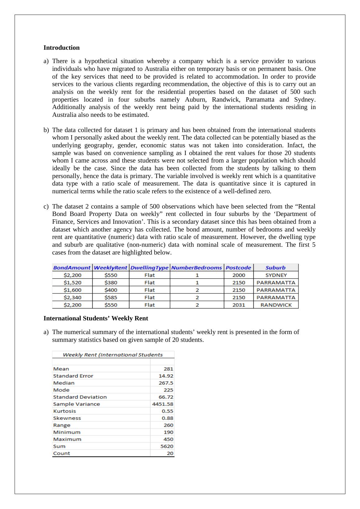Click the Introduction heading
[x=61, y=48]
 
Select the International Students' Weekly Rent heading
[x=96, y=318]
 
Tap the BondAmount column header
[x=72, y=268]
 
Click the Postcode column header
[x=238, y=268]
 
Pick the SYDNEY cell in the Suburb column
[x=276, y=275]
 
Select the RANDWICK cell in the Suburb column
[x=276, y=305]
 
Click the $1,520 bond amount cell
[x=72, y=282]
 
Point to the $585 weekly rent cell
[x=111, y=297]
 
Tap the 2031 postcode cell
[x=238, y=305]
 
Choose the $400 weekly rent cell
[x=111, y=290]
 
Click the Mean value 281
[x=168, y=369]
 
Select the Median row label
[x=64, y=383]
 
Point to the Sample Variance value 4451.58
[x=163, y=404]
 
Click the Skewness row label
[x=67, y=418]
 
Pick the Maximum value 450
[x=168, y=439]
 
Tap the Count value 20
[x=170, y=453]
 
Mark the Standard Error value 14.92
[x=166, y=376]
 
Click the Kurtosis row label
[x=65, y=411]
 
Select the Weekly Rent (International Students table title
[x=113, y=355]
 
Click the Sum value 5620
[x=167, y=446]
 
